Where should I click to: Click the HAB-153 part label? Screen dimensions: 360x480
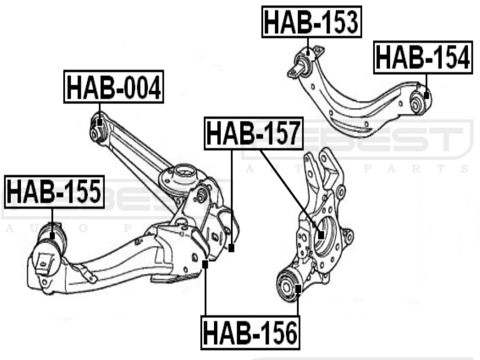[x=312, y=22]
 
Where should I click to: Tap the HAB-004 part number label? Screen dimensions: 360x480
[x=113, y=87]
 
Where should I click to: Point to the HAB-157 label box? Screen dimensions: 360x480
[x=254, y=134]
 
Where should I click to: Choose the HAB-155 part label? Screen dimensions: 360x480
[x=54, y=192]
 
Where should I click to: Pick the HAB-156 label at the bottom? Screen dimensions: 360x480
[x=250, y=333]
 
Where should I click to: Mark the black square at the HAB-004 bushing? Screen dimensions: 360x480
[x=99, y=123]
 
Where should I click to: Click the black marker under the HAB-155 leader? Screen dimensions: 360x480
[x=52, y=235]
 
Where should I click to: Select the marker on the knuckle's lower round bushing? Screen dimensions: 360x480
[x=298, y=287]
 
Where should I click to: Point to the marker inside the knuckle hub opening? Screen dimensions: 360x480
[x=321, y=235]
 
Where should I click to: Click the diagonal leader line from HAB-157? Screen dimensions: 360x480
[x=291, y=192]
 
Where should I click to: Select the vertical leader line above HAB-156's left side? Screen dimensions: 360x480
[x=205, y=291]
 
